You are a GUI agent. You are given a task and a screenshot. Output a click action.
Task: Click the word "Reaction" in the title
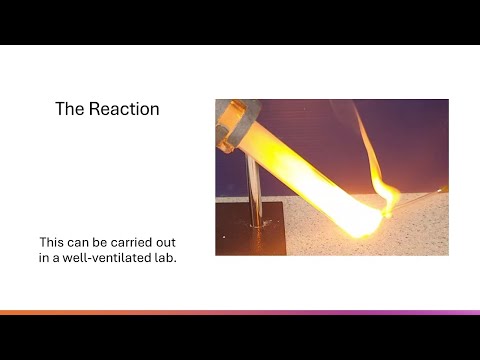click(125, 109)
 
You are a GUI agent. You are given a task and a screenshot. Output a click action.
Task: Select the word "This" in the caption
click(54, 242)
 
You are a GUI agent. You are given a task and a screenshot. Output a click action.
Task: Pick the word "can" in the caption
click(84, 242)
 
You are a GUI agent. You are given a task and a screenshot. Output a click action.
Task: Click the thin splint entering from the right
click(425, 194)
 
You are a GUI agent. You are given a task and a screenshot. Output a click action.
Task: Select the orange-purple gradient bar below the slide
click(240, 313)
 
